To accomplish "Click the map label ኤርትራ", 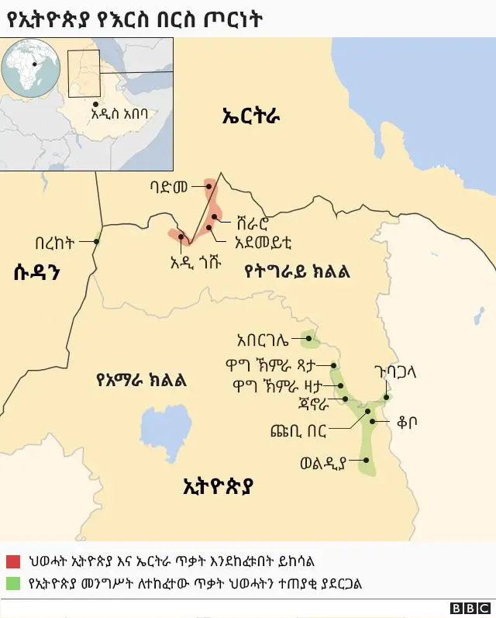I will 250,117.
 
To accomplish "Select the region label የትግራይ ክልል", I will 297,271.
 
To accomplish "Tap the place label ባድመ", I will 170,187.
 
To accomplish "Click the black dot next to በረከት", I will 96,241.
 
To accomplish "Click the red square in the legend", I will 12,561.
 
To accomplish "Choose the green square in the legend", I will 12,583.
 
